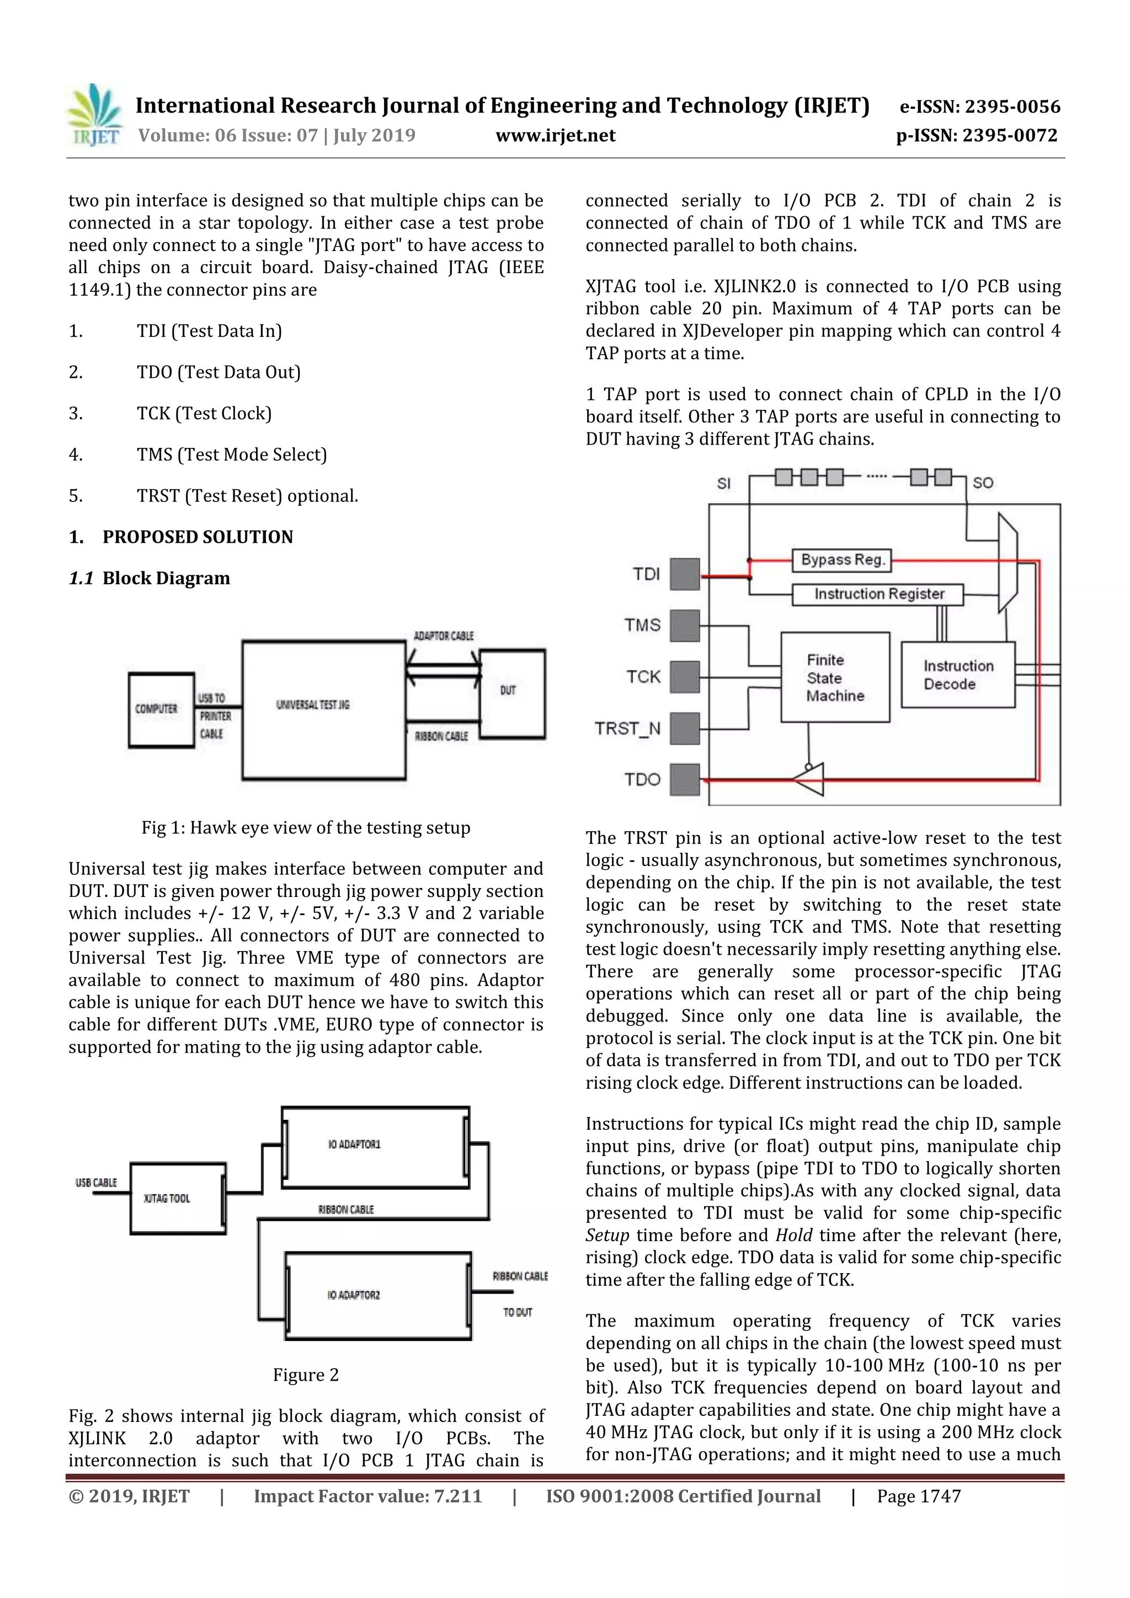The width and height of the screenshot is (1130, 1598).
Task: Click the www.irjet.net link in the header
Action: (555, 135)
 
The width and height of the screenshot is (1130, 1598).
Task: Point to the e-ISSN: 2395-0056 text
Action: (979, 106)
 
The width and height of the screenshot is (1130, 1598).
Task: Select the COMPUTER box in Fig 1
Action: (161, 709)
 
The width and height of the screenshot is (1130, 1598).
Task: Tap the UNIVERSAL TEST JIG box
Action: (323, 709)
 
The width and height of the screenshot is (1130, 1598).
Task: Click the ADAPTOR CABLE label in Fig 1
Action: (444, 636)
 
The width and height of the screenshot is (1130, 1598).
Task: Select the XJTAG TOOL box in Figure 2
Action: (178, 1199)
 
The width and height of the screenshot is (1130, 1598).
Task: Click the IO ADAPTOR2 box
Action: (377, 1295)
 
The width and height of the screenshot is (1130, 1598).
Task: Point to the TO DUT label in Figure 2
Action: (518, 1312)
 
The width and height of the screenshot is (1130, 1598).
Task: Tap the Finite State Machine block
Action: (834, 677)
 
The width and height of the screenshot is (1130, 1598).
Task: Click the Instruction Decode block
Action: (957, 675)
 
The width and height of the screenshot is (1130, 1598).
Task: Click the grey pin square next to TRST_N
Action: (684, 728)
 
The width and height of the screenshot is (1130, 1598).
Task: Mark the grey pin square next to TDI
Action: (684, 574)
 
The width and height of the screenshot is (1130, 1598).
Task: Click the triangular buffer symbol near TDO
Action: (811, 779)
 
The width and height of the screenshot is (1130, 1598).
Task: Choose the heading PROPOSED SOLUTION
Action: (198, 537)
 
